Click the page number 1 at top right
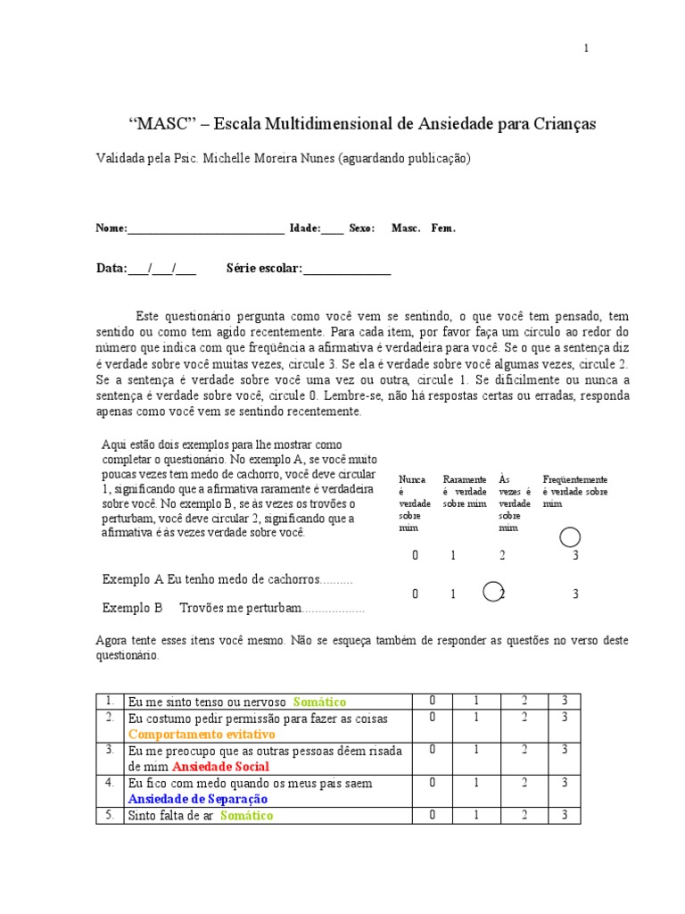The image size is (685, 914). point(586,48)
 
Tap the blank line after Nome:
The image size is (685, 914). point(206,228)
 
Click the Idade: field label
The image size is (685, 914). point(304,228)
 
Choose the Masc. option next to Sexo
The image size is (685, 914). point(406,228)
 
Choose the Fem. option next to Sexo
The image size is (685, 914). point(443,228)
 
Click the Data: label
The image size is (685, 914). point(111,269)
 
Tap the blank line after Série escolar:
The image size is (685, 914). point(347,269)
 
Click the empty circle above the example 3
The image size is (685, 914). point(570,536)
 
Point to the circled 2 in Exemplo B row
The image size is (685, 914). point(493,593)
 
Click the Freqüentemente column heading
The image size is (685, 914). point(574,480)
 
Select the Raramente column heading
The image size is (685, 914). point(464,480)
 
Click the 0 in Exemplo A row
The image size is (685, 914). point(415,555)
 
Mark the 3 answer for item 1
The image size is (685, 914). point(565,702)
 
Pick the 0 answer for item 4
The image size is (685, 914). point(432,782)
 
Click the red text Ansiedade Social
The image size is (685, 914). point(220,767)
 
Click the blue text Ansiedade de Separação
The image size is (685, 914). point(198,799)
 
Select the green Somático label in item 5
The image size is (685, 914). point(246,815)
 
